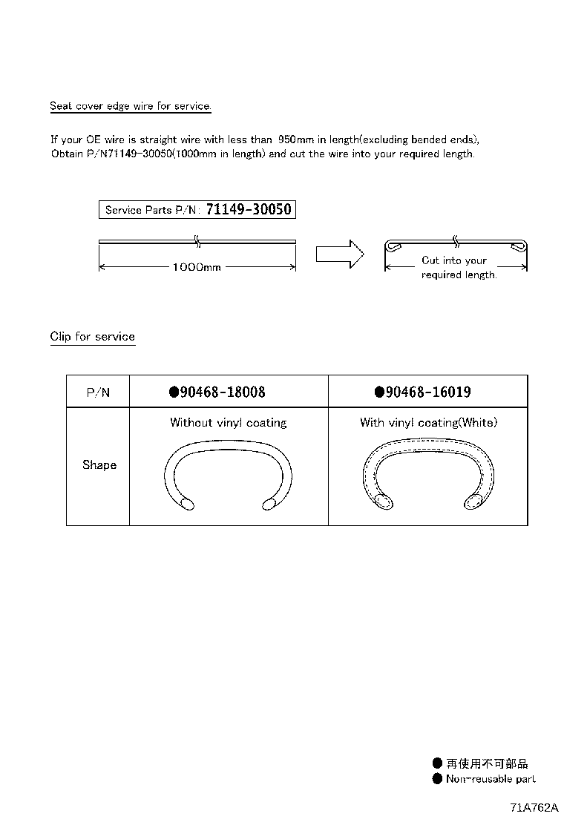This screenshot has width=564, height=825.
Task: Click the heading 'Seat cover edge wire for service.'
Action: (x=131, y=106)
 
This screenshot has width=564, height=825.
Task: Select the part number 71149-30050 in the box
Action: (x=249, y=210)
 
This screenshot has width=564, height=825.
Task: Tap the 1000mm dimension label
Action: (x=197, y=267)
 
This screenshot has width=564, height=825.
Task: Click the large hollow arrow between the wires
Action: (x=339, y=253)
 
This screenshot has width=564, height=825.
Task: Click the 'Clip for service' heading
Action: (x=93, y=337)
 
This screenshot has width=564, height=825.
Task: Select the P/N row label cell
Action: (x=98, y=392)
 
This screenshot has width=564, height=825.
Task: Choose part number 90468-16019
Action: (x=428, y=392)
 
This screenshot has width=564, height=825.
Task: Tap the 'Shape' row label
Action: (x=99, y=465)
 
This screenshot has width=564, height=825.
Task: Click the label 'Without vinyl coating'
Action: (x=228, y=423)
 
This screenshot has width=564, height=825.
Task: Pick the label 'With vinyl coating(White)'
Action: (x=428, y=423)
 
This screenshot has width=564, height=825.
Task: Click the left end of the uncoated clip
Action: (x=186, y=504)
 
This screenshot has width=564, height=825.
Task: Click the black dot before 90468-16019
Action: (x=379, y=392)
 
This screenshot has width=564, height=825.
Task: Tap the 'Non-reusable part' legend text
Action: (x=491, y=779)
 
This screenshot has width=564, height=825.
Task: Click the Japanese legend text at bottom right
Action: (x=487, y=763)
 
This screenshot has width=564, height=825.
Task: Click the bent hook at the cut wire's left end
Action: (x=394, y=246)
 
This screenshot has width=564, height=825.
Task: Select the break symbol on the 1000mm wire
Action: (x=197, y=240)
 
